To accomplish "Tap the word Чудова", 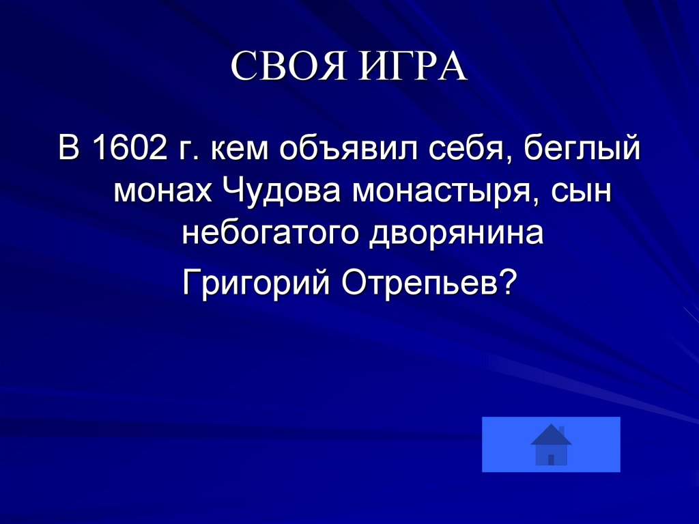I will [283, 192].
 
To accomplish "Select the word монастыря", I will [449, 193].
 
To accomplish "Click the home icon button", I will [551, 444].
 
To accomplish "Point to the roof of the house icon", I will [551, 435].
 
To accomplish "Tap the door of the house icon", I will [551, 460].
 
